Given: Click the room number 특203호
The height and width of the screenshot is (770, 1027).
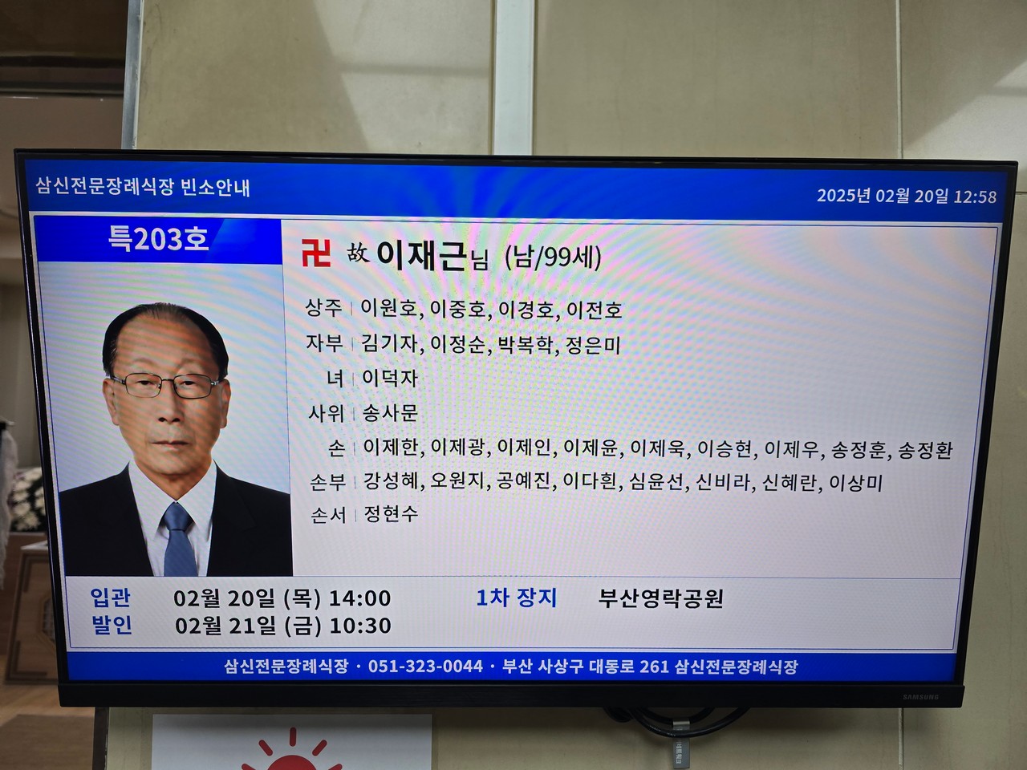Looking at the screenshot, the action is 158,239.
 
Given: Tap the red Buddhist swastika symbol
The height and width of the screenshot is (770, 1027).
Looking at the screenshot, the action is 316,253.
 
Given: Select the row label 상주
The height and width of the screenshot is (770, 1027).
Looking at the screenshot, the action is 324,308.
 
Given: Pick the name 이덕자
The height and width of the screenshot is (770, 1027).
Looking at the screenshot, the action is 390,379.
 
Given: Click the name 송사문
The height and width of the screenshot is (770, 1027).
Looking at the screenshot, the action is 390,413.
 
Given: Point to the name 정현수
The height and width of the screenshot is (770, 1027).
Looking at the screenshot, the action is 391,514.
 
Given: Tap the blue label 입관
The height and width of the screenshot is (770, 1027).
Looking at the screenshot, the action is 111,598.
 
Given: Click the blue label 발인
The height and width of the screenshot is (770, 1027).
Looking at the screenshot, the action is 112,625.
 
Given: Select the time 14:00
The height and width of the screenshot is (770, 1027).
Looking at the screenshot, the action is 360,598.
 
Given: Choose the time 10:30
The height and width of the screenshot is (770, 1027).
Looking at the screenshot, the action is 361,626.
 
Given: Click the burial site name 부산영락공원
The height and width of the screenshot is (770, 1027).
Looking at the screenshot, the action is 660,598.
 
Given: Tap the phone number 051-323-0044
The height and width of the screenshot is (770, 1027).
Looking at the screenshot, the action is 425,667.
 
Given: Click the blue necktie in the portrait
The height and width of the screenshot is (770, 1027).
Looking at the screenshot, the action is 179,540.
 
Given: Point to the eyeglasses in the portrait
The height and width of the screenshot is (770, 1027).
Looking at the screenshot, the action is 166,386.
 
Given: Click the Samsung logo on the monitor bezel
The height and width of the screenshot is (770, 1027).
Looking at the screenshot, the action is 921,697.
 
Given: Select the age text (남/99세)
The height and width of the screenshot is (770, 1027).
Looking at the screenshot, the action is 553,257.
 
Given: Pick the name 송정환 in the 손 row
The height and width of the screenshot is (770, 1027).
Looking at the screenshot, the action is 925,450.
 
